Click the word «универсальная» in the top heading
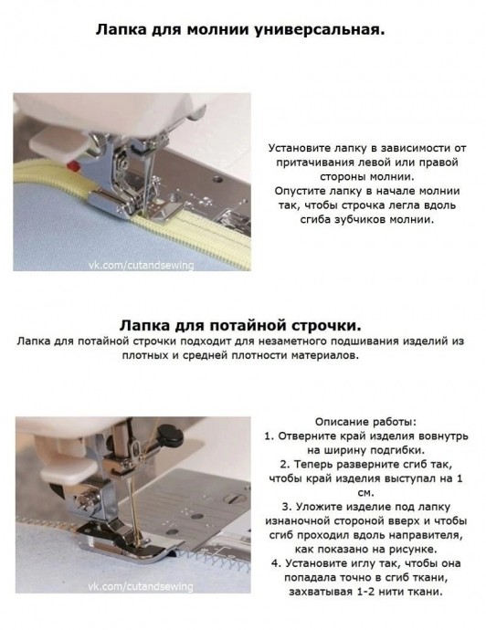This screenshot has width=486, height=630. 319,30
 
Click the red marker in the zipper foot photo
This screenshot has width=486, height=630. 72,165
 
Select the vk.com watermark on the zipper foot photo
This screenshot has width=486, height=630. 141,265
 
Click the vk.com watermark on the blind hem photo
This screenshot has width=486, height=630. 141,586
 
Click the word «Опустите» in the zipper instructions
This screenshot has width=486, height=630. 297,191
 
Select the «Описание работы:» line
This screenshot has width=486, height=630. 365,422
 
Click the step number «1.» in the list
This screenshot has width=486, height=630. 269,436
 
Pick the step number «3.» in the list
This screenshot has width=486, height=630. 286,507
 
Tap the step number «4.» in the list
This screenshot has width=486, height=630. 276,563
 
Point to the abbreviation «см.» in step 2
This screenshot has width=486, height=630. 365,493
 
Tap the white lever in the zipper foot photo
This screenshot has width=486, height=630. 57,142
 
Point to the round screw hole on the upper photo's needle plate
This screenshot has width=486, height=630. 217,178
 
